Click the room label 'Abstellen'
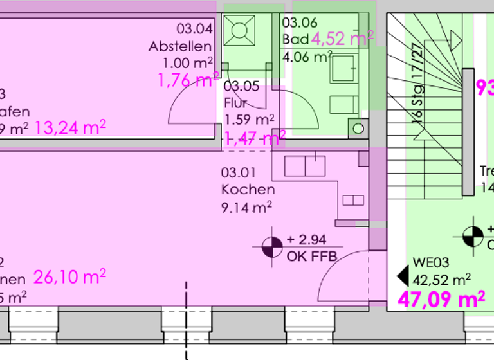(180, 46)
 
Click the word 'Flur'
(235, 103)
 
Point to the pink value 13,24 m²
(70, 127)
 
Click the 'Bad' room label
(295, 39)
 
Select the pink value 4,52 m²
(342, 39)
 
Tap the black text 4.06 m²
(307, 57)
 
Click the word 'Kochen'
(248, 189)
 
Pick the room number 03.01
(239, 172)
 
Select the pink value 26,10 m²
(69, 277)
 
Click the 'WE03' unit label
(430, 262)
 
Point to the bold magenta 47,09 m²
(441, 299)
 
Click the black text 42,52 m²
(441, 279)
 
